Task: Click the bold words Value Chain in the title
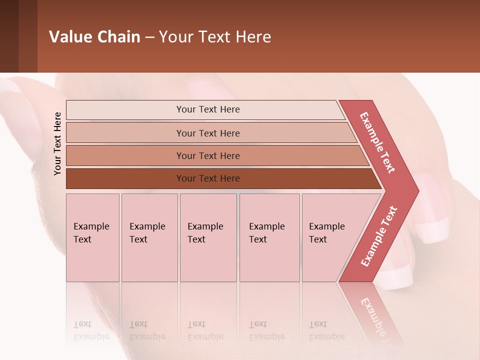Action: pos(94,37)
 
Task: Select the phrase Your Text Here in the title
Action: pos(215,37)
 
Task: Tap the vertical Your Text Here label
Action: pos(57,143)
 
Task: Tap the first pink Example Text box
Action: pos(92,237)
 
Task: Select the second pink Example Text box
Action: pos(149,237)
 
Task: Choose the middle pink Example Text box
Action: pos(208,237)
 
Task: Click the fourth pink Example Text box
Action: pos(269,237)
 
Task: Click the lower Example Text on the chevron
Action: pos(379,236)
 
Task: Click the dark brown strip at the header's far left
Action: pos(9,36)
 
